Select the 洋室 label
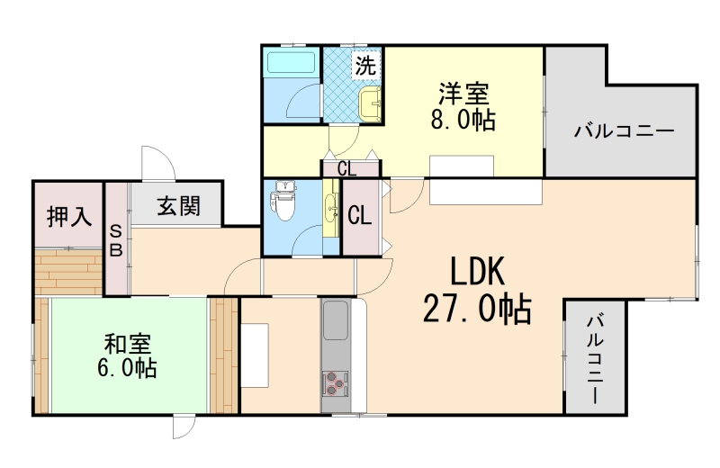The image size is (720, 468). tap(463, 94)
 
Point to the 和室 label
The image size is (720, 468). tap(127, 344)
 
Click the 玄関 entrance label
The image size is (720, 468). tap(178, 207)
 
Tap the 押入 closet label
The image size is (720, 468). tap(69, 216)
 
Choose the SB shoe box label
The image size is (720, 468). tap(116, 241)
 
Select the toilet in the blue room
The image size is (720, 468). tap(284, 202)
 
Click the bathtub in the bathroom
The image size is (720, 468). tap(291, 65)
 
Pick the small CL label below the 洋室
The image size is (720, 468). tap(346, 168)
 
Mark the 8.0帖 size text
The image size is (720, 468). tap(463, 120)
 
